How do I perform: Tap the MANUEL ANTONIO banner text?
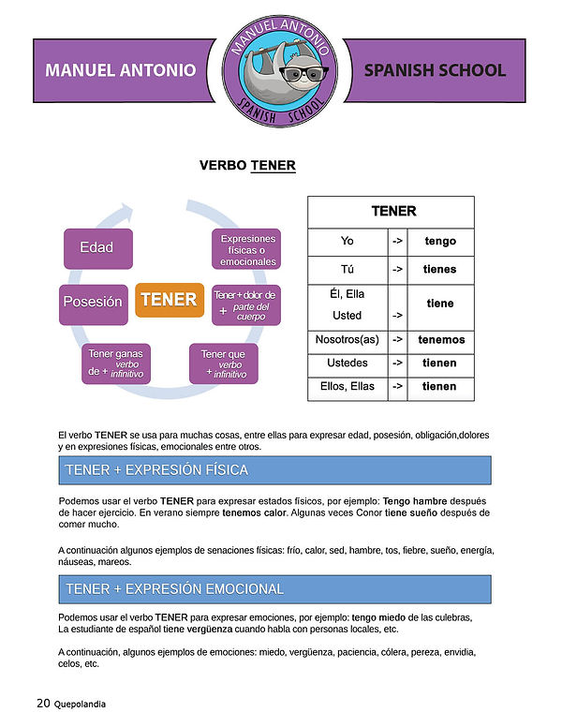click(121, 70)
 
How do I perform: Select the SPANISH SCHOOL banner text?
click(434, 70)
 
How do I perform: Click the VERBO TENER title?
click(247, 166)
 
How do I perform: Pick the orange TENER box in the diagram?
click(170, 300)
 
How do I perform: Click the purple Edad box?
click(96, 247)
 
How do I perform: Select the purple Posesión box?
click(93, 302)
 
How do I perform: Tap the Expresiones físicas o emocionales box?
click(248, 250)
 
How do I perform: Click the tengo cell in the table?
click(439, 241)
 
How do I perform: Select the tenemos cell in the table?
click(441, 340)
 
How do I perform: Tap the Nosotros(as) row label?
click(347, 340)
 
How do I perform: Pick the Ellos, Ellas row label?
click(347, 386)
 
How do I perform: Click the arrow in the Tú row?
click(397, 270)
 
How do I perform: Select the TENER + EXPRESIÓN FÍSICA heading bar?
click(274, 469)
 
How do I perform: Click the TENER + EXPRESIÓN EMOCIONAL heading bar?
click(274, 589)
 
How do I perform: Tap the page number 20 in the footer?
click(43, 703)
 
